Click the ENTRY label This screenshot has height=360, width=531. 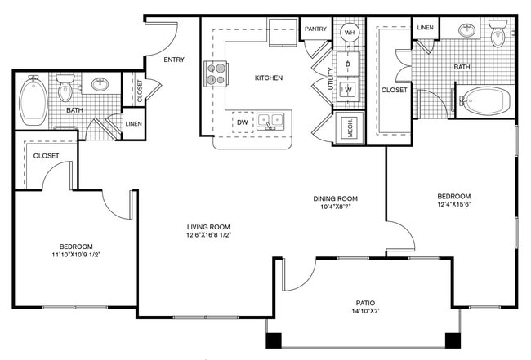pos(174,60)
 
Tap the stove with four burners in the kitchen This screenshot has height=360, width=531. pos(216,73)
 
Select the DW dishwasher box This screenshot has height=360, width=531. pos(243,122)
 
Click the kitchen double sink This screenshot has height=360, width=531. pos(270,121)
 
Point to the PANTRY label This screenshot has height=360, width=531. pos(315,29)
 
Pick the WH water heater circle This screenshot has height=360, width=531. pos(350,33)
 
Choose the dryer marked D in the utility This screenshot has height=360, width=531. pos(348,64)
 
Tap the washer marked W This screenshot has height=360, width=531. pos(349,90)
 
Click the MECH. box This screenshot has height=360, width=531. pos(350,127)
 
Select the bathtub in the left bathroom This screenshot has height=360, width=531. pos(33,101)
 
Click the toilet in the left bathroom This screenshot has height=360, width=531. pos(65,88)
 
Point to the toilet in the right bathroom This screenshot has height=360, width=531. pos(498,33)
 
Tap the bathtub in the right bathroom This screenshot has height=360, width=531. pos(484,101)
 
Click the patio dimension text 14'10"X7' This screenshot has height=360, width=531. pos(365,311)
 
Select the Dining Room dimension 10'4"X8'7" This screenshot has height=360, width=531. pos(335,206)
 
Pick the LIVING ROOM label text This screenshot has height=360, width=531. pos(208,227)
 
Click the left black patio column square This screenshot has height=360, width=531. pos(274,340)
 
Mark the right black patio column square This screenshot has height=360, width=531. pos(453,340)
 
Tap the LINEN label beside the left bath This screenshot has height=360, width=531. pos(134,124)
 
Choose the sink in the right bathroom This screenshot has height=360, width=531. pos(466,30)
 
